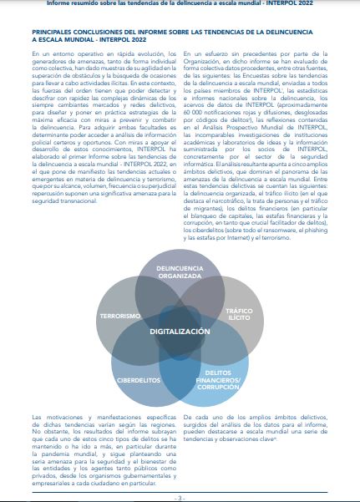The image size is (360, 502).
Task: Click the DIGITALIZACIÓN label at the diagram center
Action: pyautogui.click(x=180, y=332)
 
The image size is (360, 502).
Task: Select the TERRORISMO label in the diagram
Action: pyautogui.click(x=119, y=317)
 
